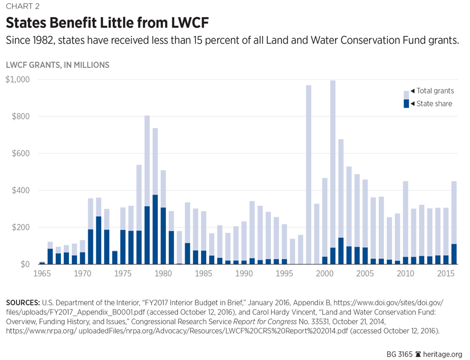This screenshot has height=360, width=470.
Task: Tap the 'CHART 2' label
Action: coord(23,7)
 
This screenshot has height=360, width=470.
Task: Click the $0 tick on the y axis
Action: coord(24,265)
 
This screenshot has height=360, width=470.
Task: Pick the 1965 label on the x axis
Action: coord(42,274)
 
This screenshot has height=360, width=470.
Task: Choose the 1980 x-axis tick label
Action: coord(163,274)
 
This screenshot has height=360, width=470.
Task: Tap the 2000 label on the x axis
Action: coord(325,274)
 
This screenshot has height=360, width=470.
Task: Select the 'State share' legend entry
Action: coord(433,103)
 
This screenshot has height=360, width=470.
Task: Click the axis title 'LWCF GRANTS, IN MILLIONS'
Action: coord(58,65)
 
